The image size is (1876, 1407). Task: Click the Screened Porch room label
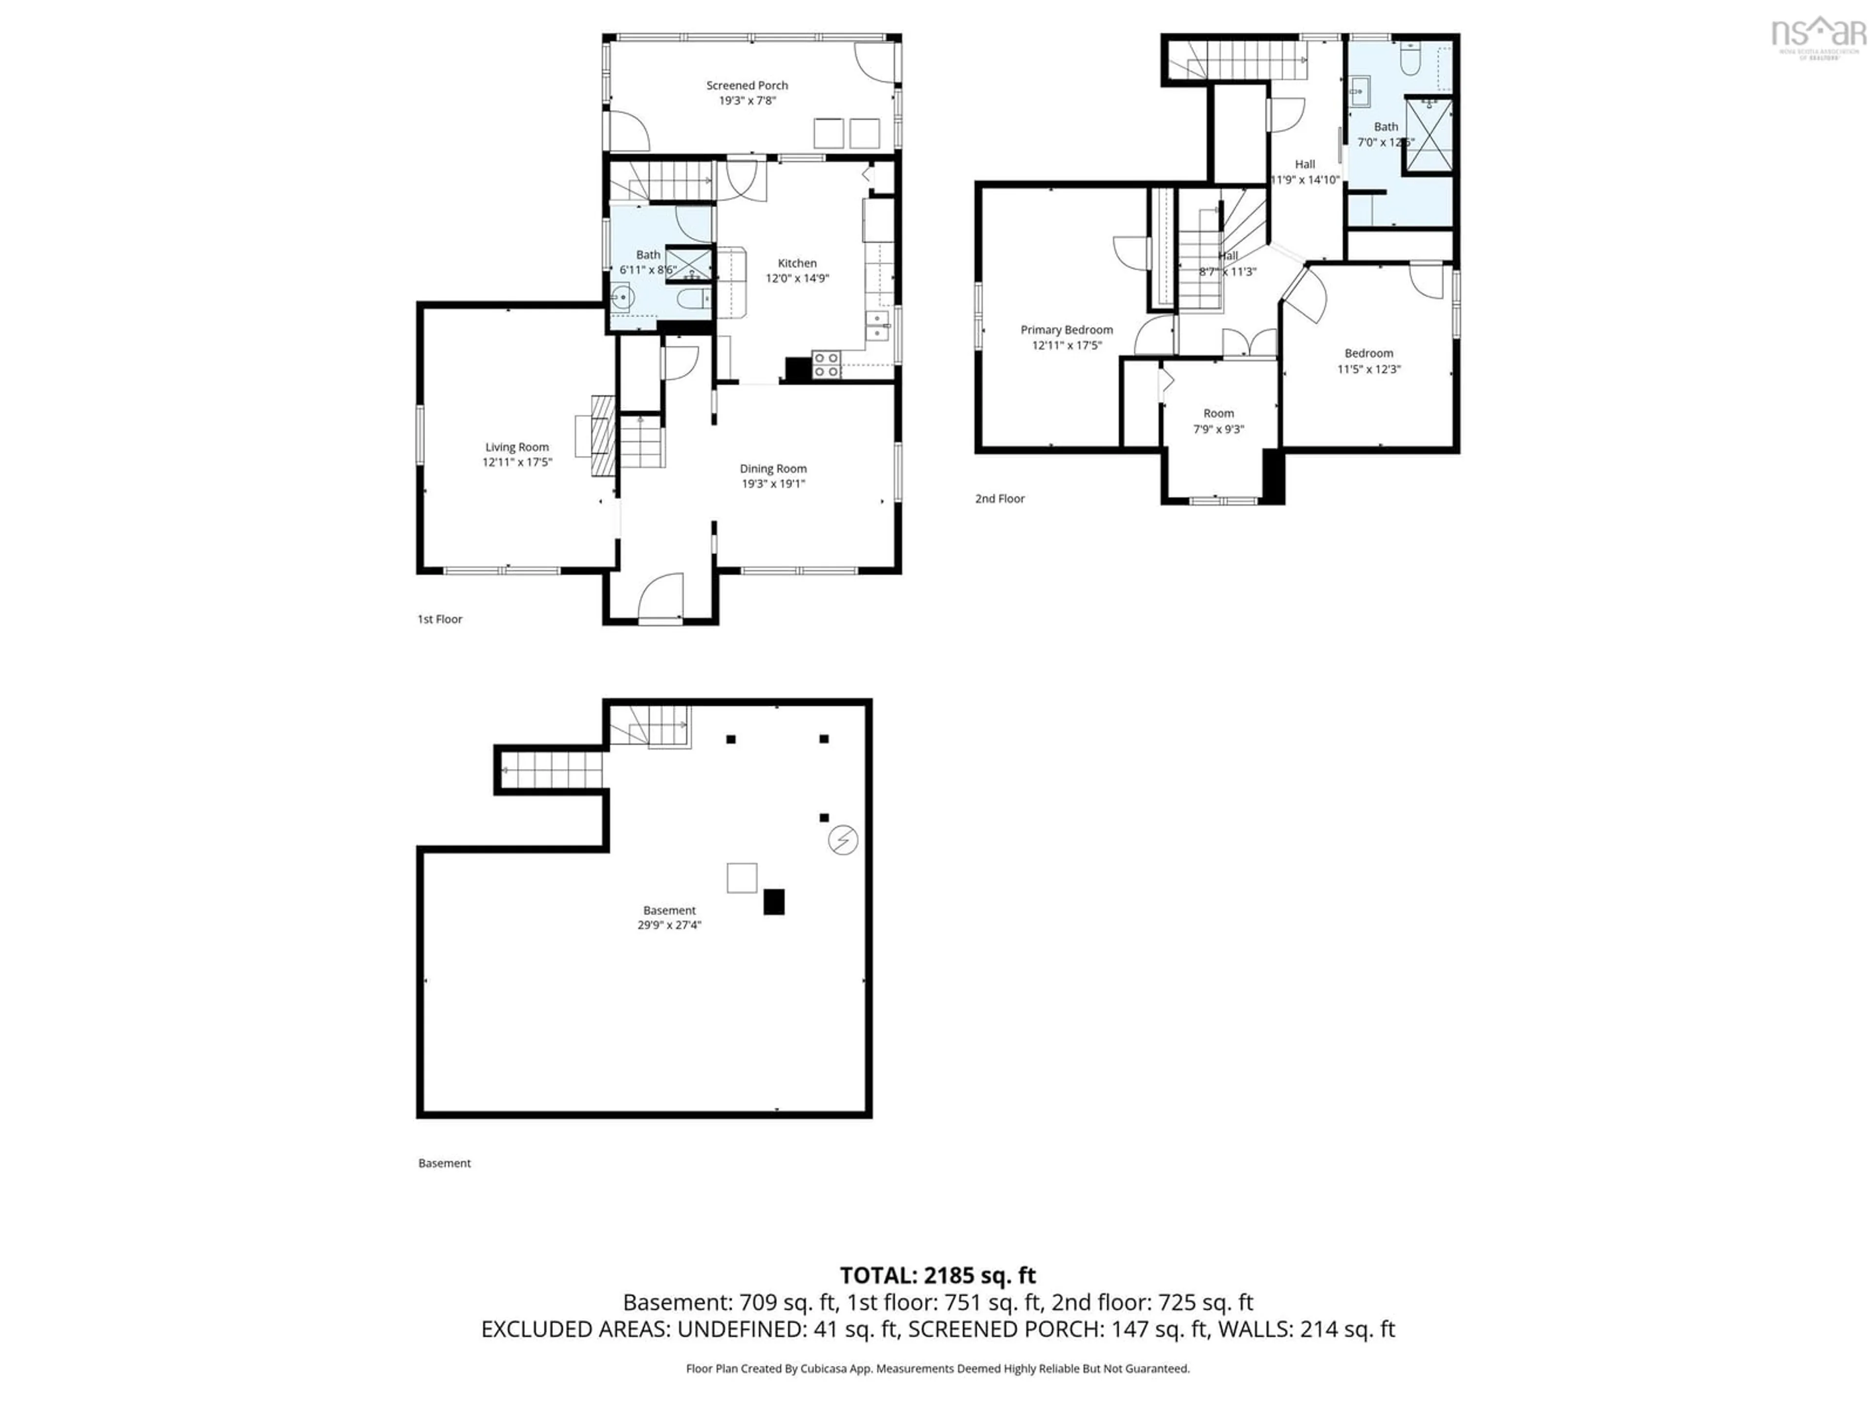click(746, 85)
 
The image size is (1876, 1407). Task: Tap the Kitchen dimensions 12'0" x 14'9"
click(797, 278)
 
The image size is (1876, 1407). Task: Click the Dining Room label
click(772, 468)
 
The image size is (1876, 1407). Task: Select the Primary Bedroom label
click(1066, 330)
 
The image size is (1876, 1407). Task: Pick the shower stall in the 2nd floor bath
click(1429, 136)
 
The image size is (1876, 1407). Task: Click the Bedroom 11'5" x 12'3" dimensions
click(1368, 369)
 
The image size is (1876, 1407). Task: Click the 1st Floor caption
click(439, 619)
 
